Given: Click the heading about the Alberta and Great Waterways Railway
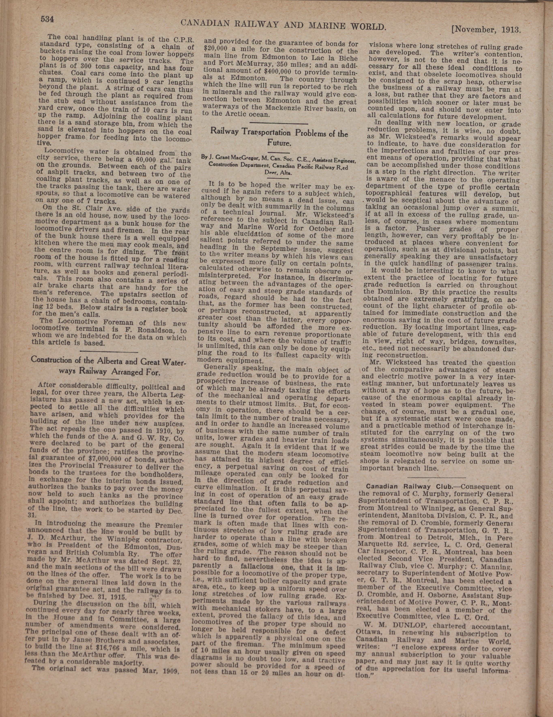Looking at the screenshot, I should (x=108, y=365).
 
